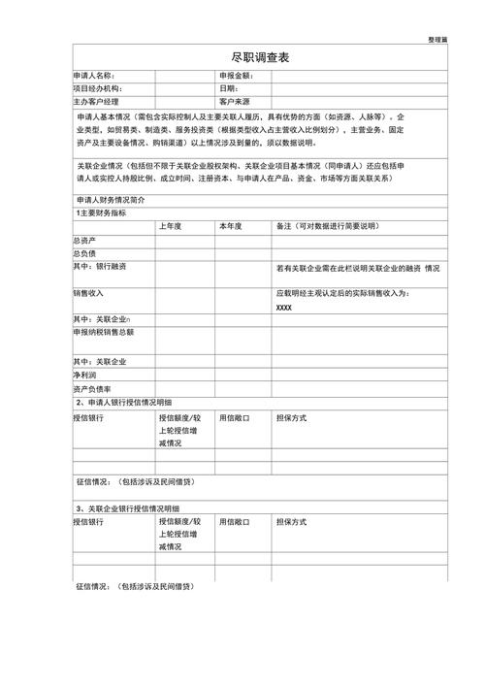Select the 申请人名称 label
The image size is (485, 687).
tap(94, 76)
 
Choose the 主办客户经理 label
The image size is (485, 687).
tap(96, 101)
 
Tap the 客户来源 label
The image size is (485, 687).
tap(235, 101)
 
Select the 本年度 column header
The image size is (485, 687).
tap(231, 226)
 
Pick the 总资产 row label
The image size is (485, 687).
tap(84, 240)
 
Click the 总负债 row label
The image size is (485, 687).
tap(84, 253)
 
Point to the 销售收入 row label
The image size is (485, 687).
tap(88, 293)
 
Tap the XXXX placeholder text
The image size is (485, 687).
tap(284, 308)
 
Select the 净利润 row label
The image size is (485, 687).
tap(84, 375)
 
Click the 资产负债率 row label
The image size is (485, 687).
tap(92, 388)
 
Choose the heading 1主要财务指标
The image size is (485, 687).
tap(101, 213)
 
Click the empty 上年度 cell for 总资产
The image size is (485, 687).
tap(184, 240)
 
